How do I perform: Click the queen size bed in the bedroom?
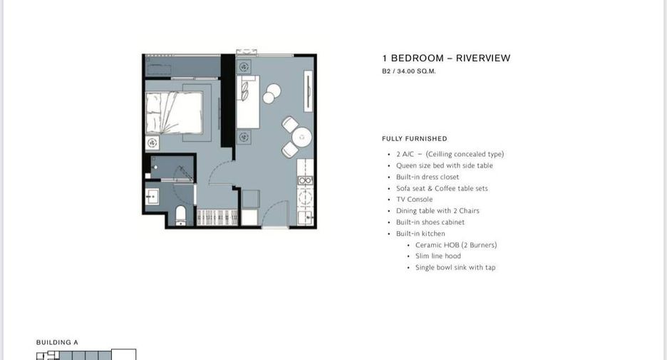point(174,113)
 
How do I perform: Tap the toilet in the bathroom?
point(181,215)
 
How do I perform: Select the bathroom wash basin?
point(152,197)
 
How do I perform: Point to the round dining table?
point(302,138)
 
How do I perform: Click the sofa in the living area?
point(248,102)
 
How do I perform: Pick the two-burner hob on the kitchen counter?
point(305,197)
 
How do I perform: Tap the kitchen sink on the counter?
point(306,218)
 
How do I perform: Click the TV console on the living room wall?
point(308,91)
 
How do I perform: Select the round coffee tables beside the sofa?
point(272,93)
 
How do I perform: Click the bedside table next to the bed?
point(152,143)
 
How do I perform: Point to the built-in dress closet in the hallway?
point(217,217)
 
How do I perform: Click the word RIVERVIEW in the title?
point(483,58)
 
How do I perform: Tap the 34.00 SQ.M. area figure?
point(416,71)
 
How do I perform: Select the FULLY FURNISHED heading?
point(414,139)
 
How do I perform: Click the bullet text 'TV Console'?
point(414,199)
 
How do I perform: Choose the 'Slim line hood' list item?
point(438,256)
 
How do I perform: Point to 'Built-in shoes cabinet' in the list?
point(430,222)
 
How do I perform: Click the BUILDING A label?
point(57,342)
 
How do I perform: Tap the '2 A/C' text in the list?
point(405,154)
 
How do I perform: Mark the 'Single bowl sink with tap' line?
point(455,267)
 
